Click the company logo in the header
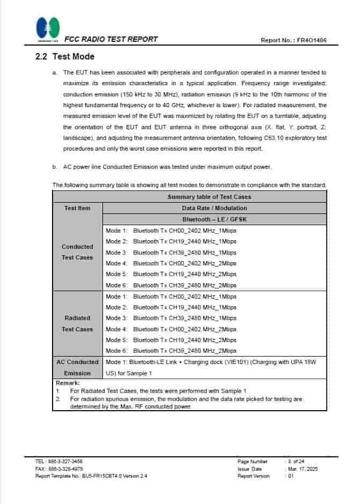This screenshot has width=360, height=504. [x=48, y=29]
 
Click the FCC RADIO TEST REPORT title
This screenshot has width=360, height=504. [x=111, y=39]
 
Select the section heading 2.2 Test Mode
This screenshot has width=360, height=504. [x=65, y=56]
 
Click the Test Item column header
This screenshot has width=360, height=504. [x=77, y=208]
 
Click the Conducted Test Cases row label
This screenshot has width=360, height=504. [x=77, y=252]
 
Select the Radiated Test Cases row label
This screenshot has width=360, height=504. [x=77, y=323]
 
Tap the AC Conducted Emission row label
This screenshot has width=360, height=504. [x=77, y=367]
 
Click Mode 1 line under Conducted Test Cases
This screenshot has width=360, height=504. [x=171, y=231]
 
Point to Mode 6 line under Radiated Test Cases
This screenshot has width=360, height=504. [x=171, y=351]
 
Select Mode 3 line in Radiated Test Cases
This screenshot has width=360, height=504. [x=171, y=318]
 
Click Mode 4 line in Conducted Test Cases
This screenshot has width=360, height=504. [x=171, y=263]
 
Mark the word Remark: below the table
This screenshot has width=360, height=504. [x=68, y=383]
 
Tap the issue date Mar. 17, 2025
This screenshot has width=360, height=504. [x=303, y=469]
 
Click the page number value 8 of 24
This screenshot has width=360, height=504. [x=296, y=461]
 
